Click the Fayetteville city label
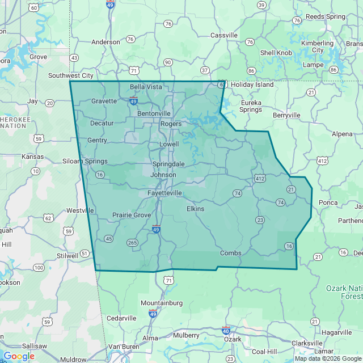coord(165,193)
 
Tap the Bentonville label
coord(154,113)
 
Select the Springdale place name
coord(168,164)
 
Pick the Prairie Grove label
coord(132,215)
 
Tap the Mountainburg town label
coord(162,303)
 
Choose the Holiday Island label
coord(252,85)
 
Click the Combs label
coord(231,253)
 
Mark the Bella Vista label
coord(146,87)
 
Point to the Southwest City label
coord(71,75)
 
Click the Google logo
coord(19,356)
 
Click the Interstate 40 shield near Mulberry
coord(226,331)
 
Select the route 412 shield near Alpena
coord(322,161)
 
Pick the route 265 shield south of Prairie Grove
coord(133,243)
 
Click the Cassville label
coord(224,35)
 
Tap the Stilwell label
coord(67,256)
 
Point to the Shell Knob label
coord(276,53)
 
